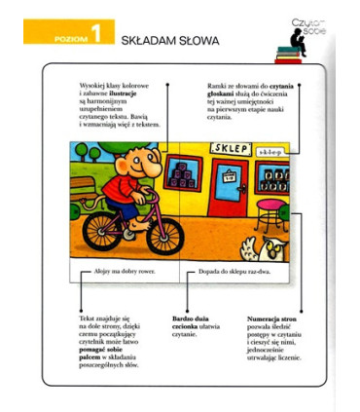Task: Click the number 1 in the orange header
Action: point(98,38)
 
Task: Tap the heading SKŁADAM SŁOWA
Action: point(169,41)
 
